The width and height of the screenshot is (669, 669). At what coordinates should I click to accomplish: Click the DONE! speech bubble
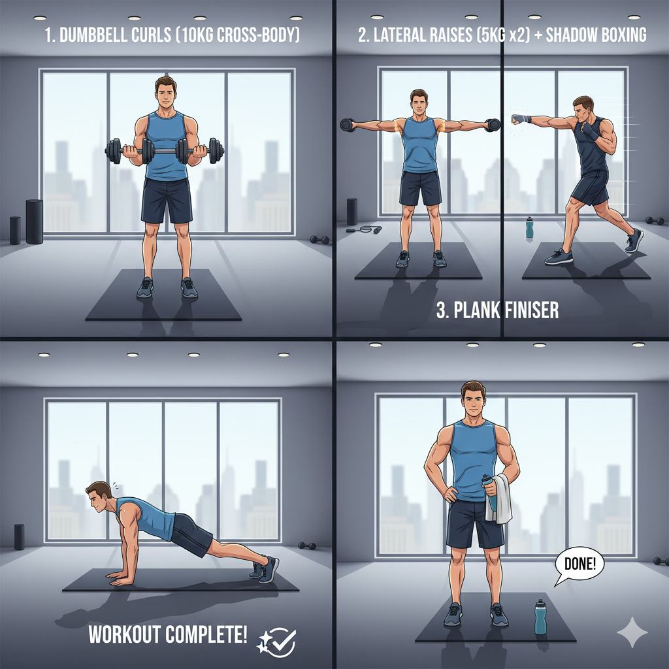(579, 564)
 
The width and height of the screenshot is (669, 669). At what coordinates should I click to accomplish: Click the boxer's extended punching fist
(519, 119)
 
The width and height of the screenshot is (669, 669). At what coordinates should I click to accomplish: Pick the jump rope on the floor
(364, 230)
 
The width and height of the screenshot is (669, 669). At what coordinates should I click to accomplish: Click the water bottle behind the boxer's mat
(529, 227)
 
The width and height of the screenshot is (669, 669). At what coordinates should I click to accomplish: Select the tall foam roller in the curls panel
(35, 221)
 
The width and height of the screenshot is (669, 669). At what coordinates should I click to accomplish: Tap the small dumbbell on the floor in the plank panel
(307, 546)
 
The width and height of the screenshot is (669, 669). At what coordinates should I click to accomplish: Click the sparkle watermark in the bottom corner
(632, 632)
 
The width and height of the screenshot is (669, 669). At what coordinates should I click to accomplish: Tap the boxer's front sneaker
(559, 257)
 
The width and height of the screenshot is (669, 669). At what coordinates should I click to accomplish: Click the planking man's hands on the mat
(118, 579)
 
